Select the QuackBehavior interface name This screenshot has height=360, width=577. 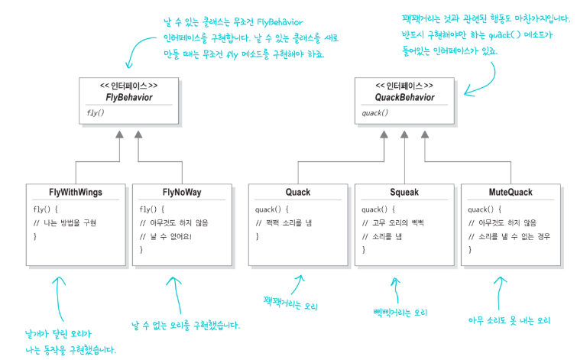404,97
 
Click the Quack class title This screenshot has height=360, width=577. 298,192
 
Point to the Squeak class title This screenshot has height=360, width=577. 404,192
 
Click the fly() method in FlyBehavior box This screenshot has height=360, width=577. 91,113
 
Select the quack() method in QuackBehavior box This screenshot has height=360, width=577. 374,113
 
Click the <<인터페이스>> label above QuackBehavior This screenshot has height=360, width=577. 404,86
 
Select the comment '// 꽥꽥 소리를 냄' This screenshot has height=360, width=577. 284,222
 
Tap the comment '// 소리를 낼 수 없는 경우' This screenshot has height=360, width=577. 511,236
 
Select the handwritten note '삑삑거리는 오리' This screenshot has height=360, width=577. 400,312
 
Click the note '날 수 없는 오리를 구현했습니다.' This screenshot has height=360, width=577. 186,325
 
